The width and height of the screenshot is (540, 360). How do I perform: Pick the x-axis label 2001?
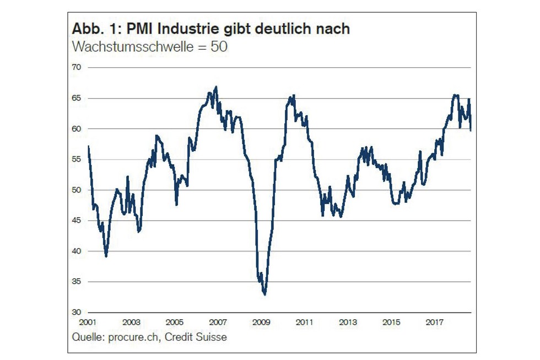[x=88, y=323]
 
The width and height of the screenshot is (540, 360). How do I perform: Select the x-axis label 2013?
[x=347, y=323]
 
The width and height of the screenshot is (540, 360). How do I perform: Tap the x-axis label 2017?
[x=434, y=323]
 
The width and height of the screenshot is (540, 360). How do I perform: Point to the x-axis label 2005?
[x=174, y=323]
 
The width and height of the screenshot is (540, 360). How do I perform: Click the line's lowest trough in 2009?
[x=265, y=294]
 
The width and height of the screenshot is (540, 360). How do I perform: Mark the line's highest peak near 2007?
[x=216, y=87]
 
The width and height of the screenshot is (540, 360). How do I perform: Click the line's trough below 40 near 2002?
[x=106, y=256]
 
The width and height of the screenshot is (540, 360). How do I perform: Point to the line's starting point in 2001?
[x=89, y=146]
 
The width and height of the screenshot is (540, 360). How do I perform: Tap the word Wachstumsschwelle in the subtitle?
[x=131, y=47]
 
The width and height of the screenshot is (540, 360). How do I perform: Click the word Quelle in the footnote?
[x=86, y=337]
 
